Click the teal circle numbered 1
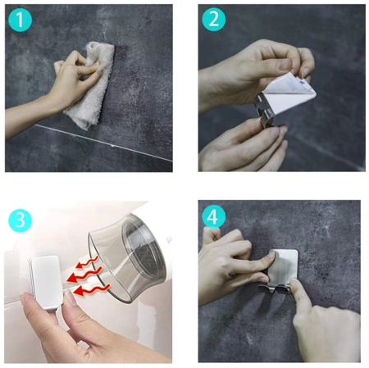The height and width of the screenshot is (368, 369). click(x=20, y=20)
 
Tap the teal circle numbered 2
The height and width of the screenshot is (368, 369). click(x=214, y=20)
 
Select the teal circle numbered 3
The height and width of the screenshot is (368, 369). click(x=20, y=220)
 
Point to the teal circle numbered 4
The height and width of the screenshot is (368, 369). click(x=214, y=216)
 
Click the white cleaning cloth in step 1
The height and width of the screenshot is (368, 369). click(x=92, y=85)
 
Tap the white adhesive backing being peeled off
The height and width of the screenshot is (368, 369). click(x=287, y=93)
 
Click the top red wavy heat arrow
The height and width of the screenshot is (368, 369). click(x=87, y=262)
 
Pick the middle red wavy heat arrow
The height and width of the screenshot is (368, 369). click(x=84, y=275)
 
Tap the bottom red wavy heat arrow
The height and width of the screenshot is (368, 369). click(x=92, y=290)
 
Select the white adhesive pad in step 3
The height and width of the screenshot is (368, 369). click(x=46, y=282)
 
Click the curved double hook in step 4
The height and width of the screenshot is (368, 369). click(x=276, y=289)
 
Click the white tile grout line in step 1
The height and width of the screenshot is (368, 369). click(x=104, y=143)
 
